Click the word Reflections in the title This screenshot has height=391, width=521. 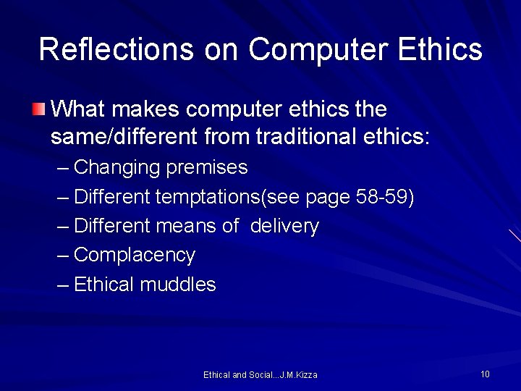point(117,50)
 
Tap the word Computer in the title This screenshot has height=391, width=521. point(318,50)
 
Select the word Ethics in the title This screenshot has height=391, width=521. point(439,50)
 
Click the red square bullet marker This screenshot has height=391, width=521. point(38,110)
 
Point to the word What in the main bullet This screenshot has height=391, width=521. point(78,109)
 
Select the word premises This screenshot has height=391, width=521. point(207,168)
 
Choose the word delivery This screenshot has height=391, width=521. point(284,227)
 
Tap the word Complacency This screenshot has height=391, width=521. point(135,256)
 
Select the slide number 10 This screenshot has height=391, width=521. point(485,374)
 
